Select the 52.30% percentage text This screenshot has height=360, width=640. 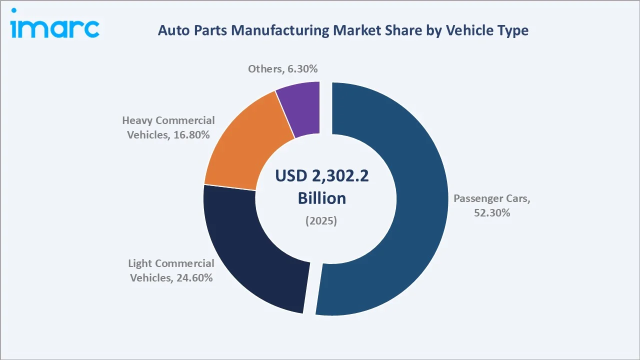pos(491,212)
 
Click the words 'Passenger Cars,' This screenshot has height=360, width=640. pos(491,198)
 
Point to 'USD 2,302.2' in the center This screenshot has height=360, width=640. pos(322,176)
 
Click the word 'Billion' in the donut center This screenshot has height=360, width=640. pos(322,198)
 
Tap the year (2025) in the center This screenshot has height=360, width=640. pos(321,220)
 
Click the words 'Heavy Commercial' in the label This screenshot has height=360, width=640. pos(168,120)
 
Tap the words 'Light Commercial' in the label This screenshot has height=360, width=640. pos(171,263)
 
